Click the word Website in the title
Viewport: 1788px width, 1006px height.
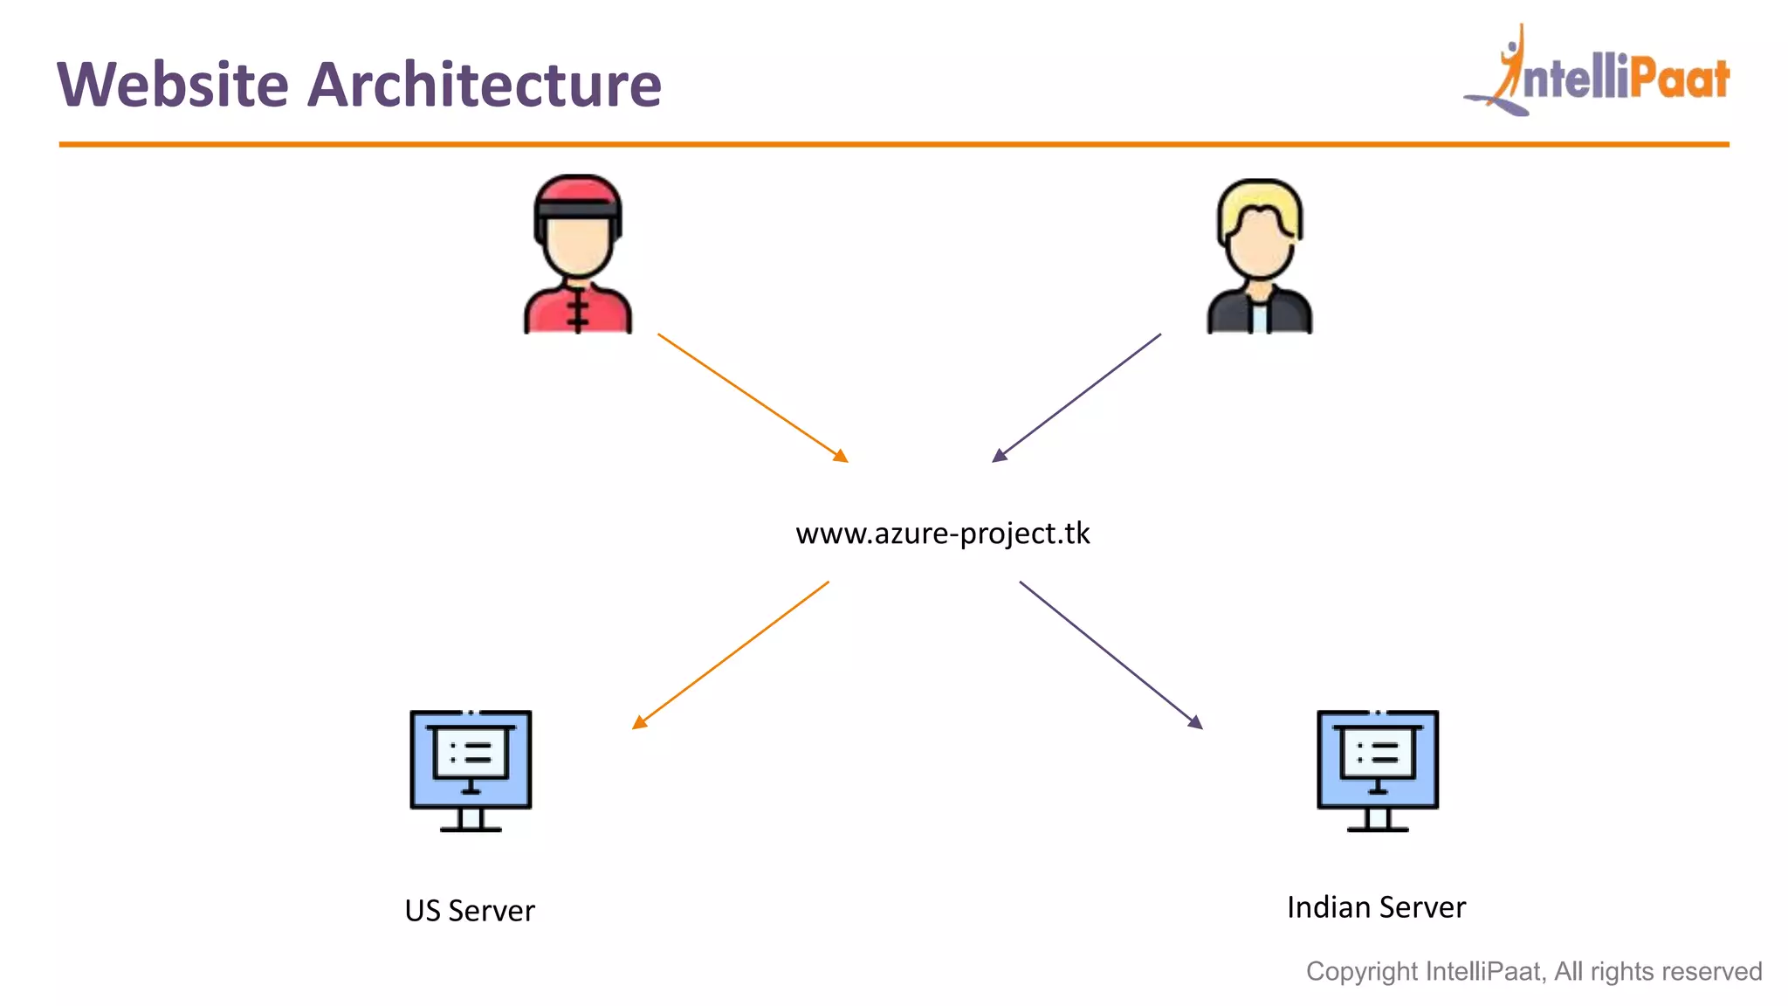click(172, 85)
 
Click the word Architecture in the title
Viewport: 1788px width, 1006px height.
click(485, 85)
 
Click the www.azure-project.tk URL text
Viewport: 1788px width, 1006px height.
click(942, 533)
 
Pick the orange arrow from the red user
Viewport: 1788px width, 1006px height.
click(753, 397)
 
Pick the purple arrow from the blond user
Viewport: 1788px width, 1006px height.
click(1076, 397)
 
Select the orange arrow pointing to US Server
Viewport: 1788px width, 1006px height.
click(730, 655)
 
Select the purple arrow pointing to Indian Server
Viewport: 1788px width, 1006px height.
click(1111, 655)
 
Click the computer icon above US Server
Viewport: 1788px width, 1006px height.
click(471, 768)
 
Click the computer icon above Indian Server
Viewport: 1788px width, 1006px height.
click(1377, 768)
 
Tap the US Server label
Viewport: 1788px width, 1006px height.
click(470, 911)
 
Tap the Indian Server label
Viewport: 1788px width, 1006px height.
click(1376, 907)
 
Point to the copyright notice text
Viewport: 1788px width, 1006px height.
click(1533, 971)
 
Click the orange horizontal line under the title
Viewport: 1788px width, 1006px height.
click(894, 144)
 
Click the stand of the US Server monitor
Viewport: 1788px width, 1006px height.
click(471, 821)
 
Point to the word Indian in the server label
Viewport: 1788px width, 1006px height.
click(1328, 907)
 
